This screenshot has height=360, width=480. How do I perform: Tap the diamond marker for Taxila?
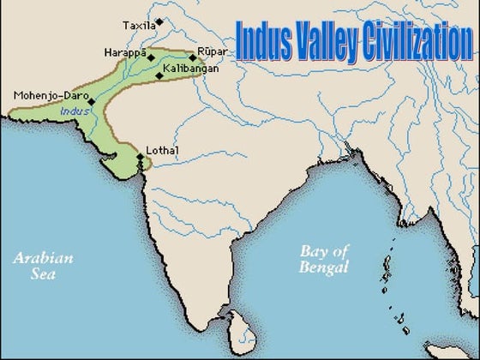point(159,21)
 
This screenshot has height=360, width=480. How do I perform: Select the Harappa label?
point(125,52)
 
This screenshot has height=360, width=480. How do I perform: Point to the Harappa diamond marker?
point(152,57)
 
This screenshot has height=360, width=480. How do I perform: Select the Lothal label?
point(162,151)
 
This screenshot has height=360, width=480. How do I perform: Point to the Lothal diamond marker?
point(141,157)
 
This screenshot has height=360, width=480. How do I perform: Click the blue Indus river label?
point(75,111)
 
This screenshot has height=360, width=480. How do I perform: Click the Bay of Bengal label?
point(326,260)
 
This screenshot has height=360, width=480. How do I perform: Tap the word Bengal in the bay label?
point(326,268)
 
